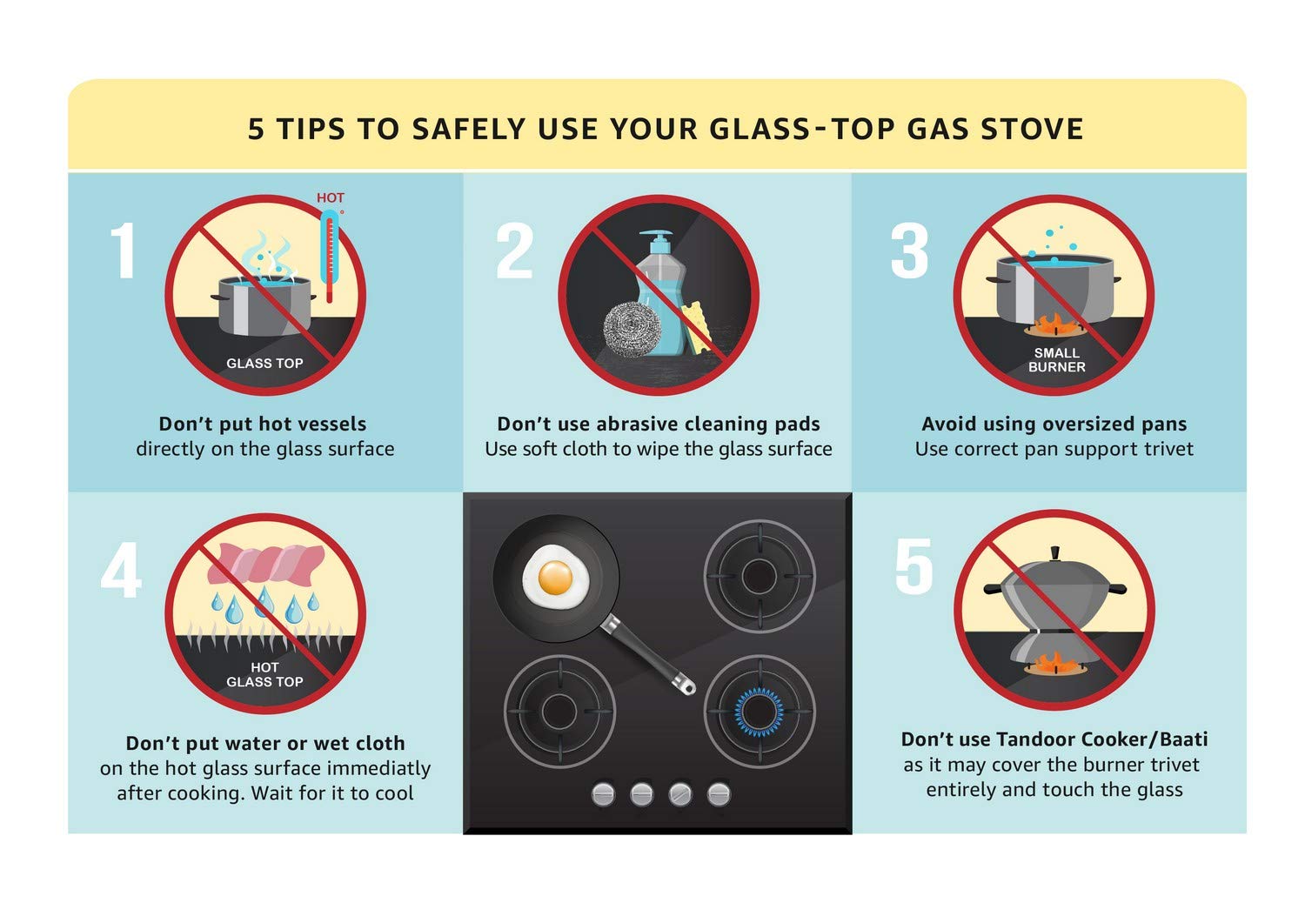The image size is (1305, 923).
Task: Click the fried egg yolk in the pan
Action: (555, 576)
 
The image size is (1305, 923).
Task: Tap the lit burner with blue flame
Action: (759, 711)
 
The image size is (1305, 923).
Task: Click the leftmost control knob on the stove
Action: (603, 793)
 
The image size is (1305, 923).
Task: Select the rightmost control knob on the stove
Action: (719, 793)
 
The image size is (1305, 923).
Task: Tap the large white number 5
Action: (913, 566)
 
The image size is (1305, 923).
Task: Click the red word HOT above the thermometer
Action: (330, 197)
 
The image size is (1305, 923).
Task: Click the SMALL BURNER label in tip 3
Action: (1056, 359)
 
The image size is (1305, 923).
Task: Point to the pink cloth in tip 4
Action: (265, 563)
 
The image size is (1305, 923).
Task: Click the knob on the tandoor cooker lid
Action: (1054, 553)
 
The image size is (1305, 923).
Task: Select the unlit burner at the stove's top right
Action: (759, 576)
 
